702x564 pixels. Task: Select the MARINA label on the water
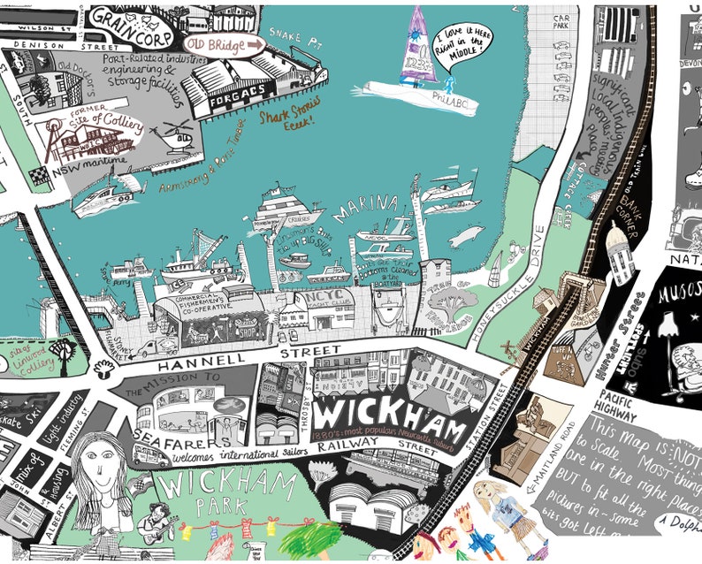point(365,209)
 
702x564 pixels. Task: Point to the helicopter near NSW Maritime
point(174,137)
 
